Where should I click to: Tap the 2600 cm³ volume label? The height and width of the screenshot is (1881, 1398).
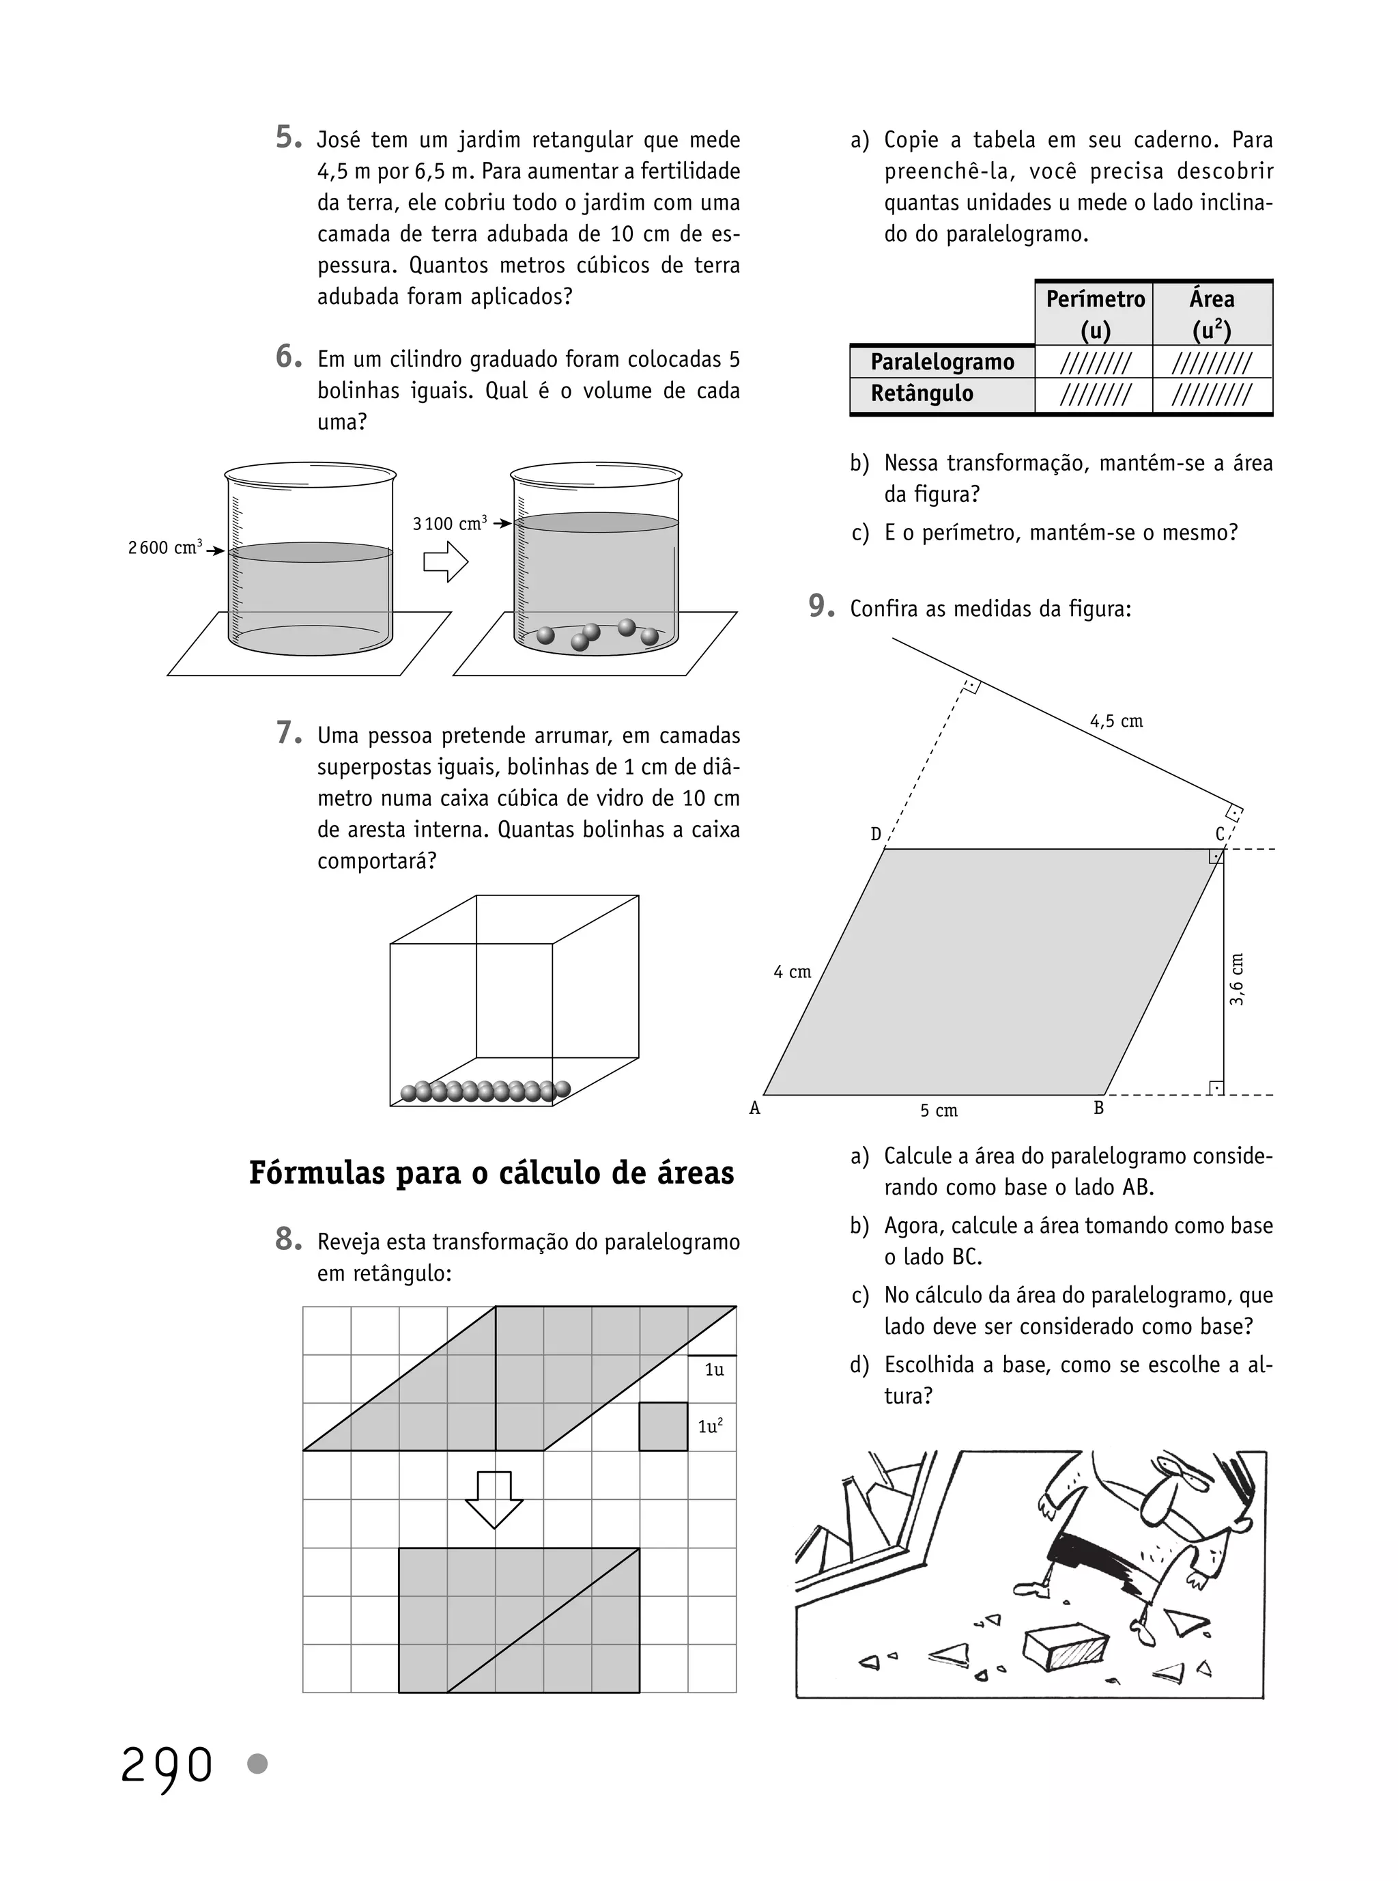coord(166,548)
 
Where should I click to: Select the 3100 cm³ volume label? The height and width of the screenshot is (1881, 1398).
coord(449,523)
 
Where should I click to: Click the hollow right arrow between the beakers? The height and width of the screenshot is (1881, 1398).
coord(445,561)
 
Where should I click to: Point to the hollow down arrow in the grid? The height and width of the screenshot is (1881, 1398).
coord(494,1499)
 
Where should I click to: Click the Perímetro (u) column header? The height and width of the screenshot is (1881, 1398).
coord(1095,313)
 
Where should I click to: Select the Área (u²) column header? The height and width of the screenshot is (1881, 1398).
coord(1212,313)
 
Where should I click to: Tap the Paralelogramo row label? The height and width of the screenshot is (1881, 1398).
coord(942,362)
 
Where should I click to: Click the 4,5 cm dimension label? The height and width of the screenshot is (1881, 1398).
coord(1116,721)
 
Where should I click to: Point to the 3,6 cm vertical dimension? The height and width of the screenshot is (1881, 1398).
coord(1236,979)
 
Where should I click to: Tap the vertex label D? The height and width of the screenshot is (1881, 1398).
coord(876,834)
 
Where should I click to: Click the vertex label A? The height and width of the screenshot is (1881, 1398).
coord(755,1108)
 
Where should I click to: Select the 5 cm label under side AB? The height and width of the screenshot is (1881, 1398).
coord(939,1111)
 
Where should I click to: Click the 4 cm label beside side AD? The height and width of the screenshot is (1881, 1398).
coord(792,972)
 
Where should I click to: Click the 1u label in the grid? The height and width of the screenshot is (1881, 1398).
coord(714,1369)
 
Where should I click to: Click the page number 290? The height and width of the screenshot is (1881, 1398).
coord(167,1766)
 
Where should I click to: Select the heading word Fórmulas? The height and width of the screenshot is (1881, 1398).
coord(317,1173)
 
